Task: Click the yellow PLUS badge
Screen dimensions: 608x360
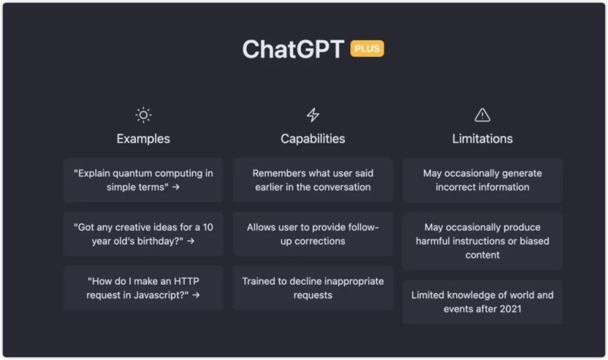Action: pos(367,49)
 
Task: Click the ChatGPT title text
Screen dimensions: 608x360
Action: pos(293,49)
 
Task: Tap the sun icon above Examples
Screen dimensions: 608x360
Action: pos(144,115)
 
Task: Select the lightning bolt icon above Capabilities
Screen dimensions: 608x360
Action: pos(313,115)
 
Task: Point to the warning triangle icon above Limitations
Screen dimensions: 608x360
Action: pos(483,115)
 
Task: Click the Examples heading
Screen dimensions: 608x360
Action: pos(143,139)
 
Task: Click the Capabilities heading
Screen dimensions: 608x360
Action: pos(313,139)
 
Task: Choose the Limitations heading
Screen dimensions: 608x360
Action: pos(483,139)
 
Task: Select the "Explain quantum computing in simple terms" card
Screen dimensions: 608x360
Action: pos(144,180)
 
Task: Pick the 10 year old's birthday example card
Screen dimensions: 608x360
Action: pos(144,234)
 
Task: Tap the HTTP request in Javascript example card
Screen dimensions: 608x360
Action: pos(144,288)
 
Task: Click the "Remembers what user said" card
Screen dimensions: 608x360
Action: pos(313,180)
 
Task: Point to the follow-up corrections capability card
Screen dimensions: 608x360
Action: pos(313,234)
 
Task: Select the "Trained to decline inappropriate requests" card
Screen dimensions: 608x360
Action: pos(313,288)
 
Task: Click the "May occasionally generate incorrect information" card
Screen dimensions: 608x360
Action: pos(483,180)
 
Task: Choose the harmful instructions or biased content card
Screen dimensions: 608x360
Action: pos(483,241)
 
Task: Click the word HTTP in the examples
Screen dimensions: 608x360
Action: pos(186,281)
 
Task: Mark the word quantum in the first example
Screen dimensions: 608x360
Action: pos(129,174)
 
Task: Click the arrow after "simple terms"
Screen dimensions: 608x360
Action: pos(176,187)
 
